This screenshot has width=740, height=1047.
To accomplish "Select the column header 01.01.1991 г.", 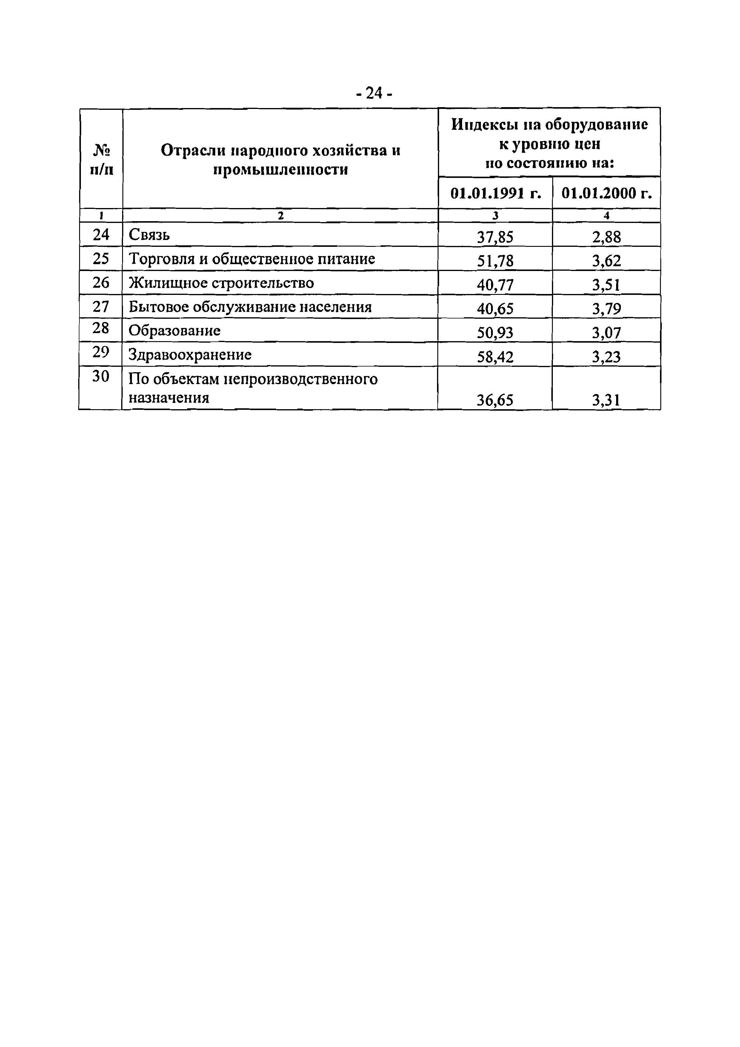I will (x=496, y=193).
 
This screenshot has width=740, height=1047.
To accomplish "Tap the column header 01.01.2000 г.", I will (x=606, y=193).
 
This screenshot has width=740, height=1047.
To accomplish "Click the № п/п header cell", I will (x=101, y=159).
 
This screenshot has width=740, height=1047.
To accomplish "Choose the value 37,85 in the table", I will (x=495, y=237).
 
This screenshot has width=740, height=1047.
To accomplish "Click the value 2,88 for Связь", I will (x=606, y=237).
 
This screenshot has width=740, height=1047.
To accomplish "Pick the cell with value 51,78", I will (x=495, y=261).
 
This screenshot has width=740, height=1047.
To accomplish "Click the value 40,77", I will (x=495, y=285).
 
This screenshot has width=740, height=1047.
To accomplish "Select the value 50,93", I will (x=495, y=333).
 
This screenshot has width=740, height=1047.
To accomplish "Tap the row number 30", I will (x=101, y=377).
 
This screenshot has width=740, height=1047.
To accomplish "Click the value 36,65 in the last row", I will (x=495, y=400).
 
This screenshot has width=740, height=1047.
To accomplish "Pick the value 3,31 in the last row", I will (x=606, y=400).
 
